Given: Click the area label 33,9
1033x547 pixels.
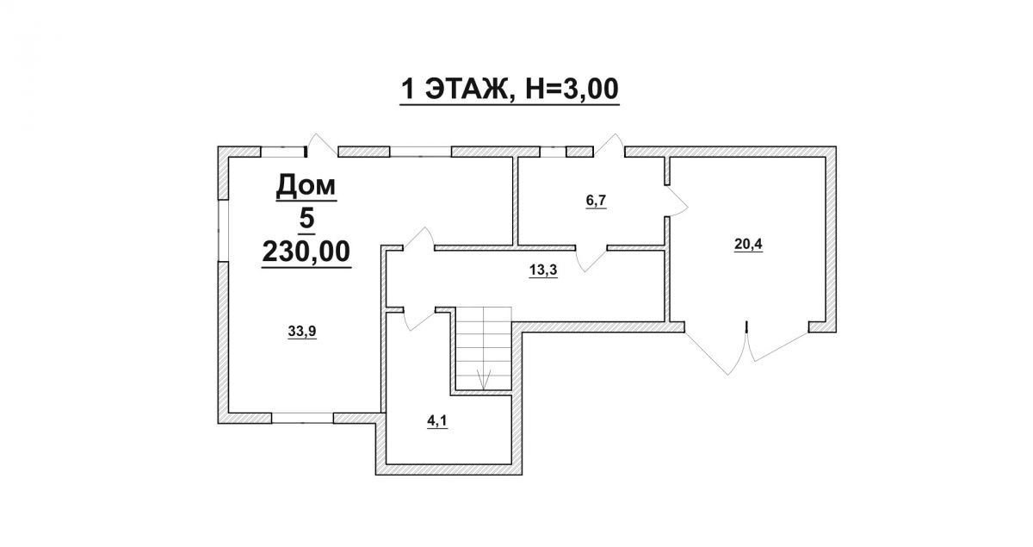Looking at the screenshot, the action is click(302, 331).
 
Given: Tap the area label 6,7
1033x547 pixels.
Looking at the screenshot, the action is click(596, 201).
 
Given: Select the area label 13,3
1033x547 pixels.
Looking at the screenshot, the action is click(543, 270).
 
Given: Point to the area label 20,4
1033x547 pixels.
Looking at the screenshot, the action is click(748, 244).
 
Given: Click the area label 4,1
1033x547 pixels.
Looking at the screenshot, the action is click(437, 421).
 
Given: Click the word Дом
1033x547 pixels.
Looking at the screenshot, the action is click(306, 185).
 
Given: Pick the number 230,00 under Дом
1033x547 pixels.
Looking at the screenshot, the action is click(306, 252).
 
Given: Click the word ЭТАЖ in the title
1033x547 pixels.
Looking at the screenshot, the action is click(466, 89).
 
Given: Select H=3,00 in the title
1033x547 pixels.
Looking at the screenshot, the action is click(572, 89).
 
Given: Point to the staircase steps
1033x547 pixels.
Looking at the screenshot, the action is click(483, 348).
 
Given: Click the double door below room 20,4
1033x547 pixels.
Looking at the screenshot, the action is click(746, 349).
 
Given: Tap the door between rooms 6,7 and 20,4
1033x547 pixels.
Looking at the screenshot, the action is click(676, 201).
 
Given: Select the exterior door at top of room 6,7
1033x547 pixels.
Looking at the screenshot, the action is click(609, 146).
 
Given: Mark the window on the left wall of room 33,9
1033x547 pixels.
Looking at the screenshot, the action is click(223, 230).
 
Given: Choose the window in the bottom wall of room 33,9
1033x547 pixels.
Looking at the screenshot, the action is click(302, 418).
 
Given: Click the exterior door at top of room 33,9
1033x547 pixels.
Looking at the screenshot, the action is click(322, 146).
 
